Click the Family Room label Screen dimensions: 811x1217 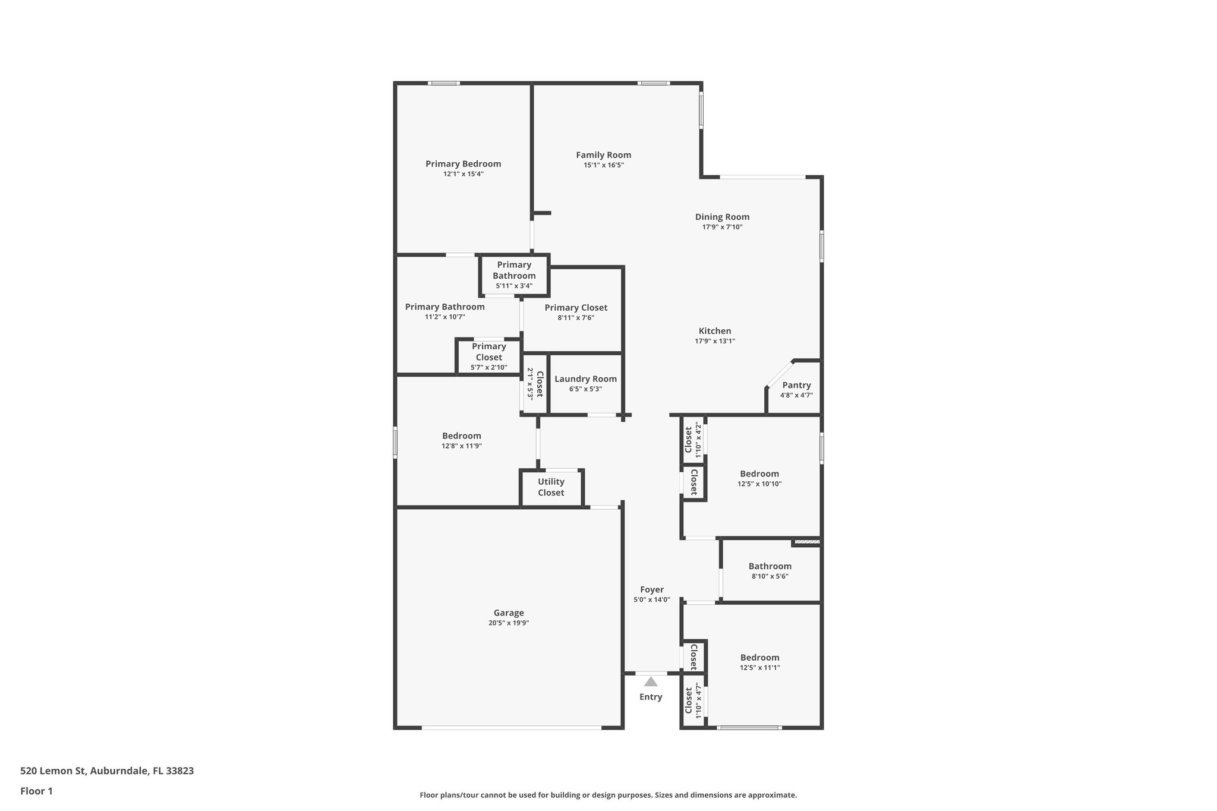tap(603, 155)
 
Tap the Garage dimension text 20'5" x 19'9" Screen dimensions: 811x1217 tap(508, 623)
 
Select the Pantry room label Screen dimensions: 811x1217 tap(796, 385)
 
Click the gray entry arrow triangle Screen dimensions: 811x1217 tap(651, 682)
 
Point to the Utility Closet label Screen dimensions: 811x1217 tap(551, 487)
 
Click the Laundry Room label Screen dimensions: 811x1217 tap(585, 379)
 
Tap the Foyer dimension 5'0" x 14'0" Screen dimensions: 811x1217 tap(651, 600)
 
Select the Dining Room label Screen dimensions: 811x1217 tap(722, 217)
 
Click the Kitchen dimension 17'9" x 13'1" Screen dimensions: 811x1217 tap(715, 341)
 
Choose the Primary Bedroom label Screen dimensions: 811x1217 tap(463, 164)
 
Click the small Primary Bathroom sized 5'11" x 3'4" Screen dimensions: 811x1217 tap(514, 275)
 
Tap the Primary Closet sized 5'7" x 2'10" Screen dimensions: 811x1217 tap(488, 356)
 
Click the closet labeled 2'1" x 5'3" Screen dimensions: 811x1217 tap(535, 384)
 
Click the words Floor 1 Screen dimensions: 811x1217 tap(36, 791)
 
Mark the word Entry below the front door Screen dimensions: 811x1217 tap(651, 697)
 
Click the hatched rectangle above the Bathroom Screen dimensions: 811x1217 tap(807, 541)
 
